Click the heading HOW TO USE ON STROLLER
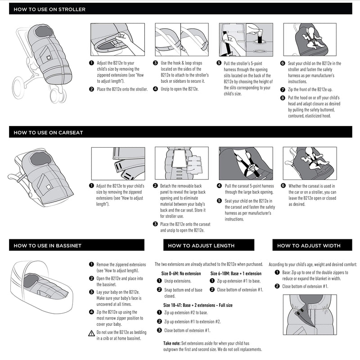click(x=49, y=9)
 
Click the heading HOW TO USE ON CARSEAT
click(x=48, y=133)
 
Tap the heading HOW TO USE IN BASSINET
click(x=47, y=246)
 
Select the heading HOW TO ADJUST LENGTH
click(x=201, y=246)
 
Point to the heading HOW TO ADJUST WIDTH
click(x=309, y=246)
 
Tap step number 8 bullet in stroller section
click(x=283, y=98)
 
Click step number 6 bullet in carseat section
click(x=283, y=186)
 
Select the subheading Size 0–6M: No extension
click(x=181, y=273)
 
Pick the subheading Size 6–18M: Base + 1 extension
click(x=236, y=273)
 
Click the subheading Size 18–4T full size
click(x=198, y=305)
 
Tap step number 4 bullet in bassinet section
click(x=91, y=312)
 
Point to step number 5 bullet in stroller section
click(x=219, y=64)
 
